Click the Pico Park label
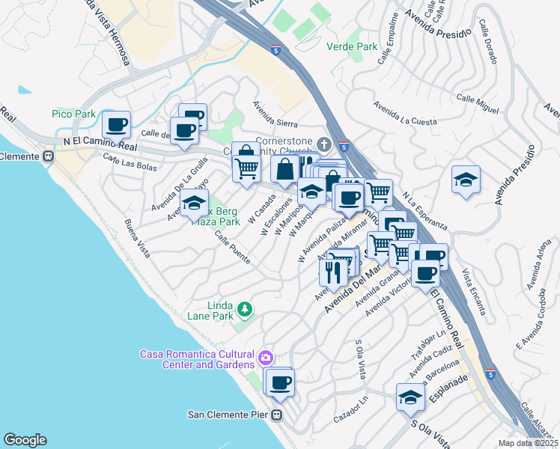(73, 114)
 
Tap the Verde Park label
(351, 46)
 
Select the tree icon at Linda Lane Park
(244, 308)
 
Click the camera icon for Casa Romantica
(266, 358)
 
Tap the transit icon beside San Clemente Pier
(277, 414)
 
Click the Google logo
(25, 440)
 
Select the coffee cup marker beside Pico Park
(116, 124)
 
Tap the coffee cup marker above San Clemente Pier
(281, 382)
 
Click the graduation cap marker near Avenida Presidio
(466, 180)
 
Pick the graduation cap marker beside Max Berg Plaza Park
(194, 202)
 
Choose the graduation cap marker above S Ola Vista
(410, 397)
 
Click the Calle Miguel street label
(477, 104)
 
